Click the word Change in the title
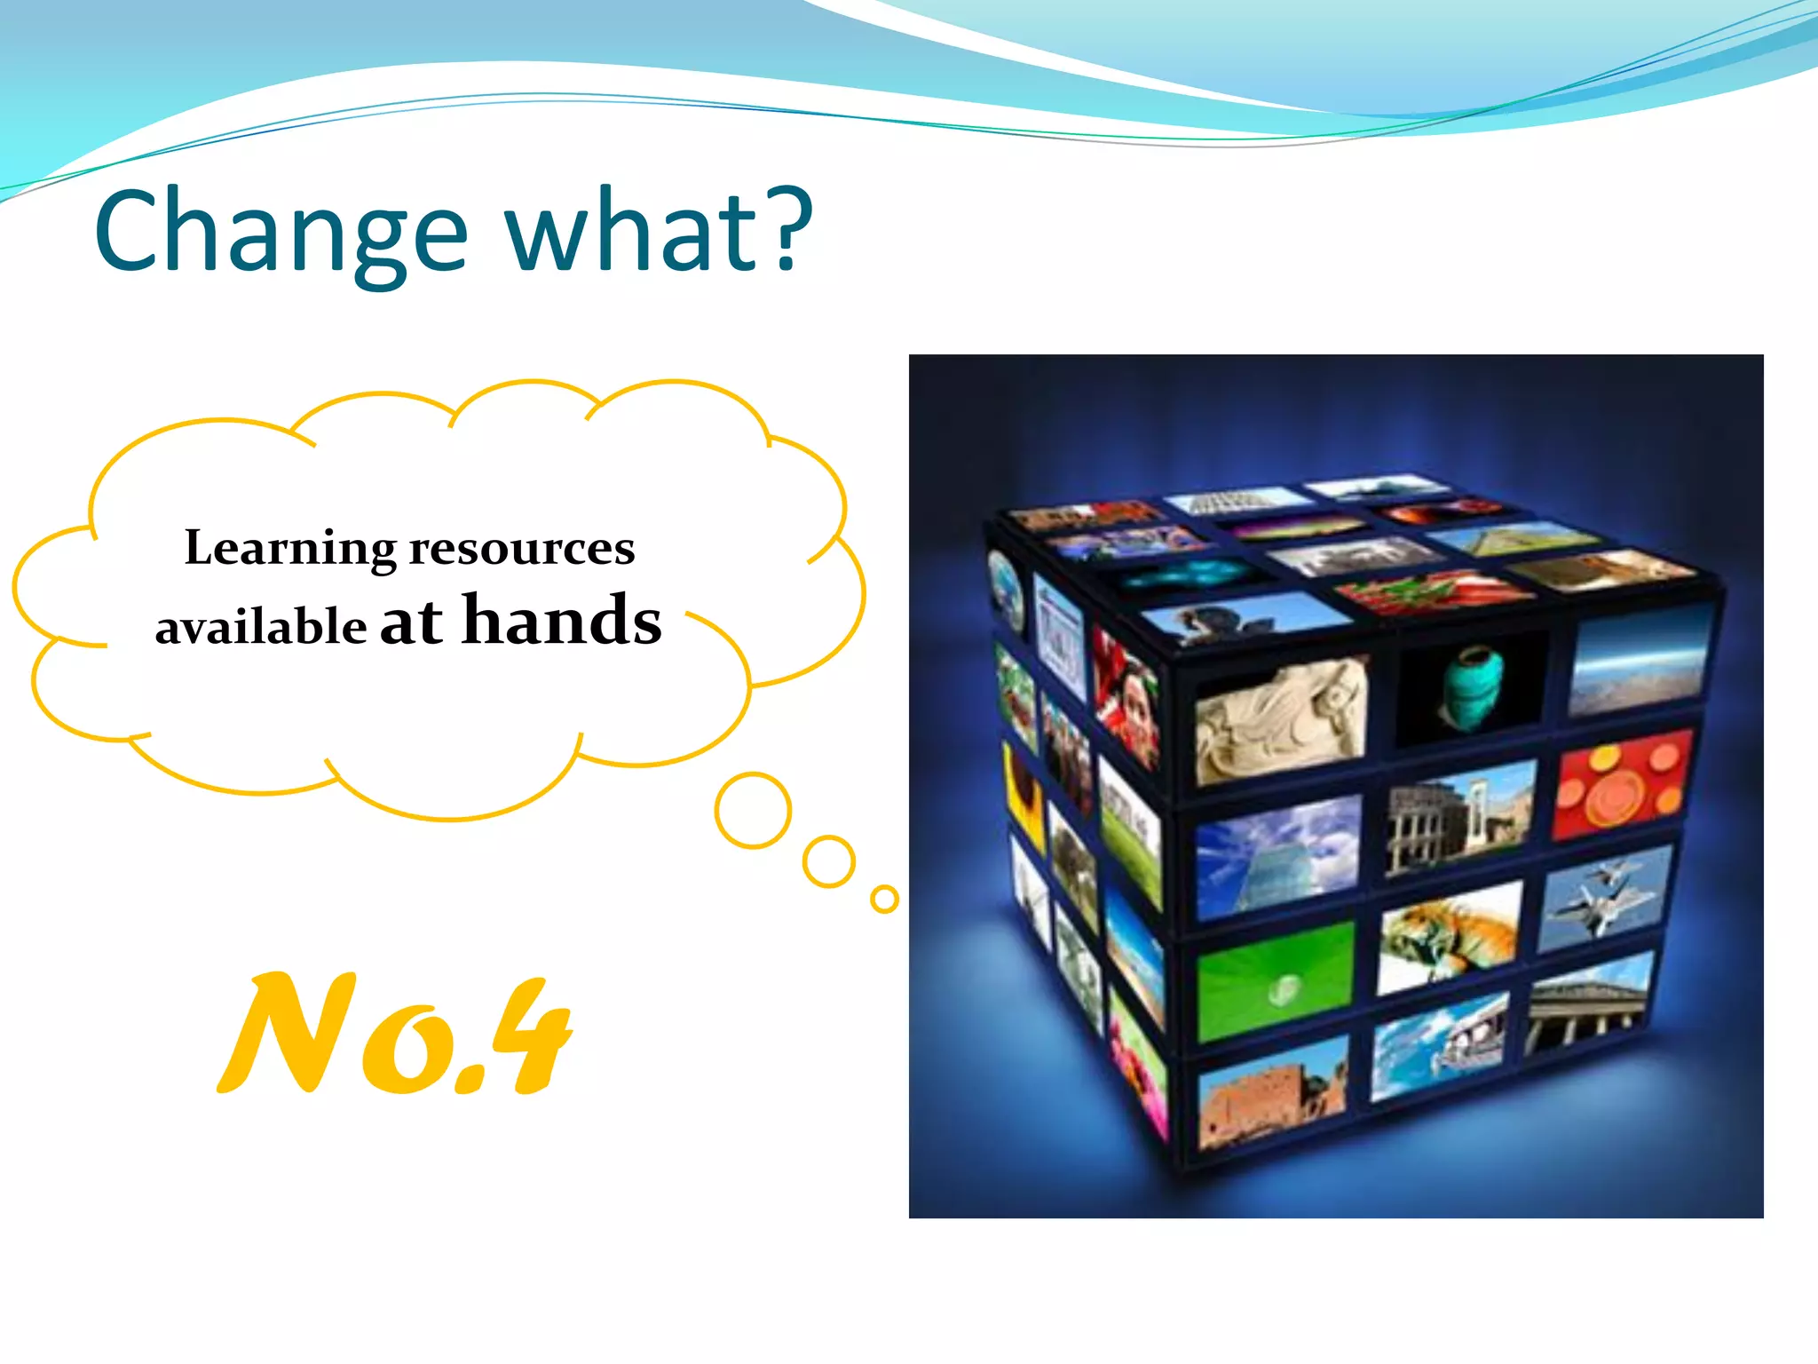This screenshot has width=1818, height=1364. (x=281, y=233)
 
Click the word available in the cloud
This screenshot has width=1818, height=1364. (x=260, y=627)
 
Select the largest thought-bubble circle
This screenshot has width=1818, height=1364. (x=753, y=810)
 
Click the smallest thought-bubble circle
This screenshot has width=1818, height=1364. (x=884, y=899)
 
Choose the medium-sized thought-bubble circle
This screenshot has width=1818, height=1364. (x=828, y=861)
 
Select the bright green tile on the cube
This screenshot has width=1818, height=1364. (x=1276, y=982)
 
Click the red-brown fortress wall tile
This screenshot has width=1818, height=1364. (x=1271, y=1094)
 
